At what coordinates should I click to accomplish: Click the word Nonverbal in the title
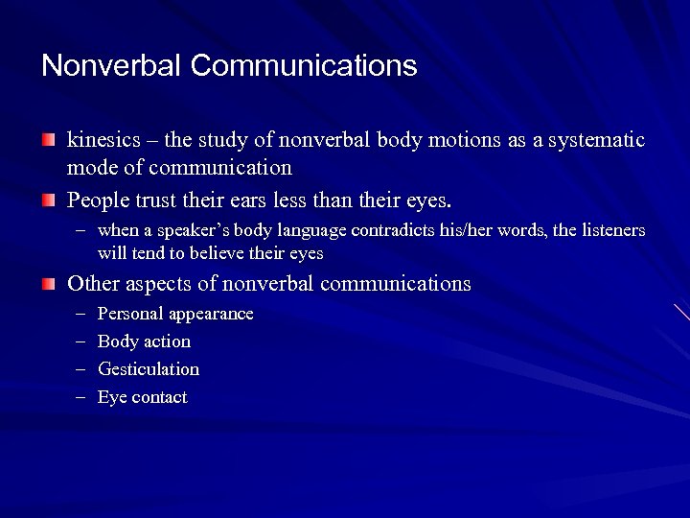(112, 65)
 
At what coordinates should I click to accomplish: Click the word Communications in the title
(304, 65)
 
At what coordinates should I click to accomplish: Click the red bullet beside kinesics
(49, 141)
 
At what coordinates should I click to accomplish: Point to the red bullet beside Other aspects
(49, 284)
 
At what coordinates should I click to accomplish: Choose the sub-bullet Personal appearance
(175, 314)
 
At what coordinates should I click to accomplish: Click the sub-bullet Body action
(144, 341)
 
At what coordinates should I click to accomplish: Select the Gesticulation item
(149, 369)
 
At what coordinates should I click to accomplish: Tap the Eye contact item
(143, 397)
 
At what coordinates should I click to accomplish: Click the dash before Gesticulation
(79, 369)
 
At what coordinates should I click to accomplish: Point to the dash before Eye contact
(79, 397)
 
